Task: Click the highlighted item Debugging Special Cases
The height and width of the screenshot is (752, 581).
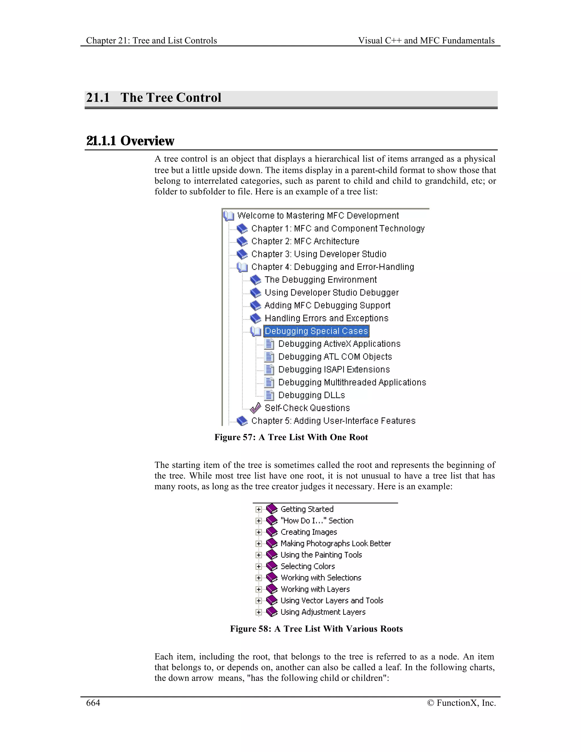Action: coord(316,331)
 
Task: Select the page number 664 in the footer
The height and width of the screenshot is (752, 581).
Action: coord(93,703)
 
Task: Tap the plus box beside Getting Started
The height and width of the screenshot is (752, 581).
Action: coord(258,509)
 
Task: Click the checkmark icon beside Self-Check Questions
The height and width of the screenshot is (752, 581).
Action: coord(255,408)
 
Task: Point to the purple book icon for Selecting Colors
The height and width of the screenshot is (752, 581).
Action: coord(272,566)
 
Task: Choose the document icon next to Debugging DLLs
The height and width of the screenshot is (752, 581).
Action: coord(269,395)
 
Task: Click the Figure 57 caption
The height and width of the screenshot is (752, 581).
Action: coord(291,437)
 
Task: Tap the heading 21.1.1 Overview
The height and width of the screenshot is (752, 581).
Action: coord(130,141)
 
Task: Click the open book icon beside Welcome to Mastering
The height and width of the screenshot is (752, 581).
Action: coord(229,216)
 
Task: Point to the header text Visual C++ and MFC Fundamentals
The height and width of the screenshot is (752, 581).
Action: coord(426,41)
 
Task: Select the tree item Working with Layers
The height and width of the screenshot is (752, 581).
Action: coord(315,589)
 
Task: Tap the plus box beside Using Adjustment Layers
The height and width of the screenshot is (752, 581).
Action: coord(258,612)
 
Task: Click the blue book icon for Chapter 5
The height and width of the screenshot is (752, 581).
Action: coord(242,421)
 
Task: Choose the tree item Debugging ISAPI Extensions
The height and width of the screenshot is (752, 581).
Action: coord(334,369)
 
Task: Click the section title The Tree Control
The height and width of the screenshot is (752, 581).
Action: coord(171,98)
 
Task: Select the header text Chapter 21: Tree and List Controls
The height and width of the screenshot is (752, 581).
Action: coord(151,41)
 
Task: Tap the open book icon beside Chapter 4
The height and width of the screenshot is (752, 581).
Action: coord(242,267)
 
